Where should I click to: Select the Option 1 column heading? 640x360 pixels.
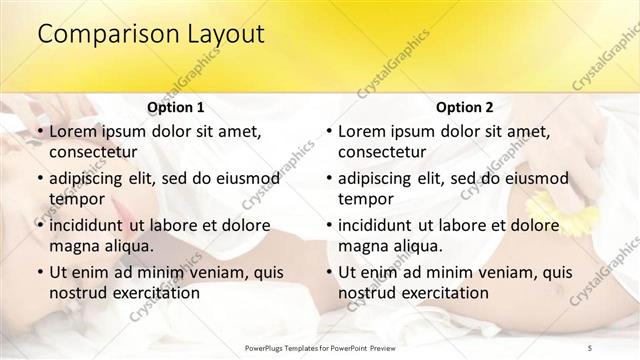(175, 107)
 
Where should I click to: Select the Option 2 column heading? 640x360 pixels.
(464, 107)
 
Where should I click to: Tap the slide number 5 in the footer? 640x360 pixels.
(590, 346)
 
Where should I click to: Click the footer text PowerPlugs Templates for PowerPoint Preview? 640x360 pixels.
(320, 346)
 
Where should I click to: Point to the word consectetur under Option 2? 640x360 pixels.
(382, 153)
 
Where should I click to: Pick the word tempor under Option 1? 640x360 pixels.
(77, 198)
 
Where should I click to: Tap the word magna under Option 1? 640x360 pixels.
(76, 245)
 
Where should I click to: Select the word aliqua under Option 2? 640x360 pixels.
(417, 245)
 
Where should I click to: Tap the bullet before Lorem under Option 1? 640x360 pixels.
(40, 132)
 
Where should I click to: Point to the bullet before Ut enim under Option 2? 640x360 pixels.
(329, 272)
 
